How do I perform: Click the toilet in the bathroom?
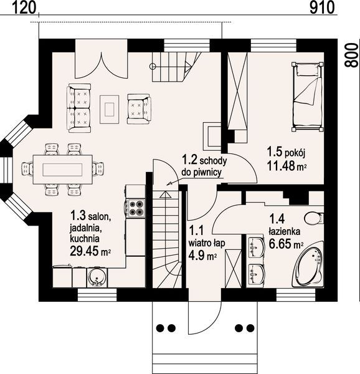click(314, 218)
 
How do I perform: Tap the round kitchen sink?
click(97, 277)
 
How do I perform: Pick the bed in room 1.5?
click(308, 97)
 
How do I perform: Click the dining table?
click(62, 170)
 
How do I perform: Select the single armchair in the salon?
click(139, 108)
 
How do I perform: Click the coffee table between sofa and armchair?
click(110, 109)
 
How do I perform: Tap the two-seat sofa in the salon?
click(79, 108)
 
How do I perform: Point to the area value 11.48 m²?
click(287, 166)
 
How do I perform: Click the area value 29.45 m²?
click(90, 251)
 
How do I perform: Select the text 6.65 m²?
click(286, 244)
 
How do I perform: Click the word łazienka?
click(285, 231)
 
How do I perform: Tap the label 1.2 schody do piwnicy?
click(204, 166)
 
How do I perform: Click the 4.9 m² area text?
click(202, 256)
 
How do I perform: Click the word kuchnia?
click(85, 239)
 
